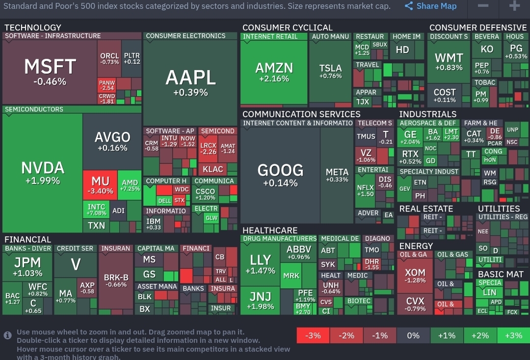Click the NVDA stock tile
(42, 173)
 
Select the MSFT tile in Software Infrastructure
(50, 71)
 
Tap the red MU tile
(100, 184)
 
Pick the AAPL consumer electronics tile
(190, 82)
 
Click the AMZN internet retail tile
(274, 72)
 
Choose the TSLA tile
(330, 71)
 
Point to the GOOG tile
(280, 175)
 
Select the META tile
(337, 175)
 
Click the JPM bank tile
(27, 266)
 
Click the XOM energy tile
(415, 276)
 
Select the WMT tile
(449, 62)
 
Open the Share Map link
(431, 6)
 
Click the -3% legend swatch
(313, 336)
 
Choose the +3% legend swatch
(513, 336)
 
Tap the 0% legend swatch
(413, 336)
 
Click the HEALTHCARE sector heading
(270, 231)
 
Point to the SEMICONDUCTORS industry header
(34, 109)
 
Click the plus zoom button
(514, 6)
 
